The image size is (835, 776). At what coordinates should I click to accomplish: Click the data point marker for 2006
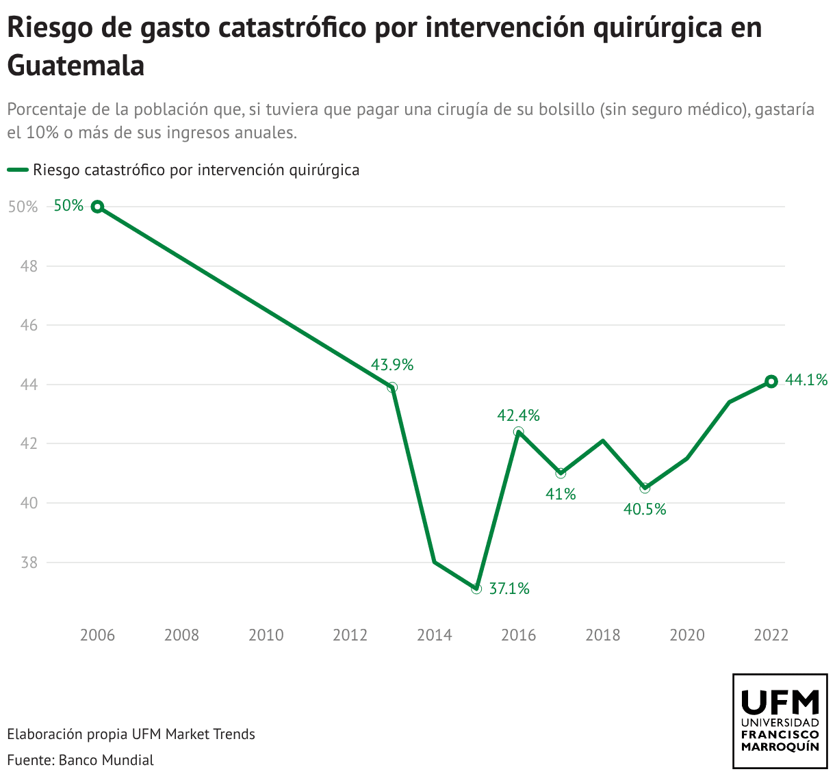tap(98, 207)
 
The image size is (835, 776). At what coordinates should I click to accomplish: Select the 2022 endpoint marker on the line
tap(771, 382)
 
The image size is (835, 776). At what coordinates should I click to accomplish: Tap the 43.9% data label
tap(392, 365)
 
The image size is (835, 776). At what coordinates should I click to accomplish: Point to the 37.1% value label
tap(509, 589)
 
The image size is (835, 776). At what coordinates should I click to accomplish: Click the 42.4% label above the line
tap(518, 415)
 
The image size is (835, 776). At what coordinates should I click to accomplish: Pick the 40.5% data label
tap(645, 509)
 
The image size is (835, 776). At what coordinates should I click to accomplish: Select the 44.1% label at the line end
tap(806, 380)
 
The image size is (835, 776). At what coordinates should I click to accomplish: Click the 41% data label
tap(561, 493)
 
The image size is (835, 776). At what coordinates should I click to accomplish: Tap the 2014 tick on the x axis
tap(435, 635)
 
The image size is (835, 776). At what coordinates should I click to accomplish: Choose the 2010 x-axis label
tap(266, 635)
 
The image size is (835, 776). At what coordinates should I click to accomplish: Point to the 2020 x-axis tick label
tap(687, 635)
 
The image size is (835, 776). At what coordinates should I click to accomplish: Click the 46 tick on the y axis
tap(28, 326)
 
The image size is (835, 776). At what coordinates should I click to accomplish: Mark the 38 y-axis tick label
tap(28, 563)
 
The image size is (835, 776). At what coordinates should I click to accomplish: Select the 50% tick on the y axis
tap(23, 207)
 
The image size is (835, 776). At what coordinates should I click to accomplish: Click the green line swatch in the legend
tap(18, 170)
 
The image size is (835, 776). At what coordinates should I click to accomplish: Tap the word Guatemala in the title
tap(76, 66)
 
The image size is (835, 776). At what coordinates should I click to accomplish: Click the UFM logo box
tap(780, 721)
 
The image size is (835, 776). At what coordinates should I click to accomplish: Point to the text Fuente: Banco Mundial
tap(81, 760)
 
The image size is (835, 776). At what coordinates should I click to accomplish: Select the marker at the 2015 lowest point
tap(476, 589)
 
